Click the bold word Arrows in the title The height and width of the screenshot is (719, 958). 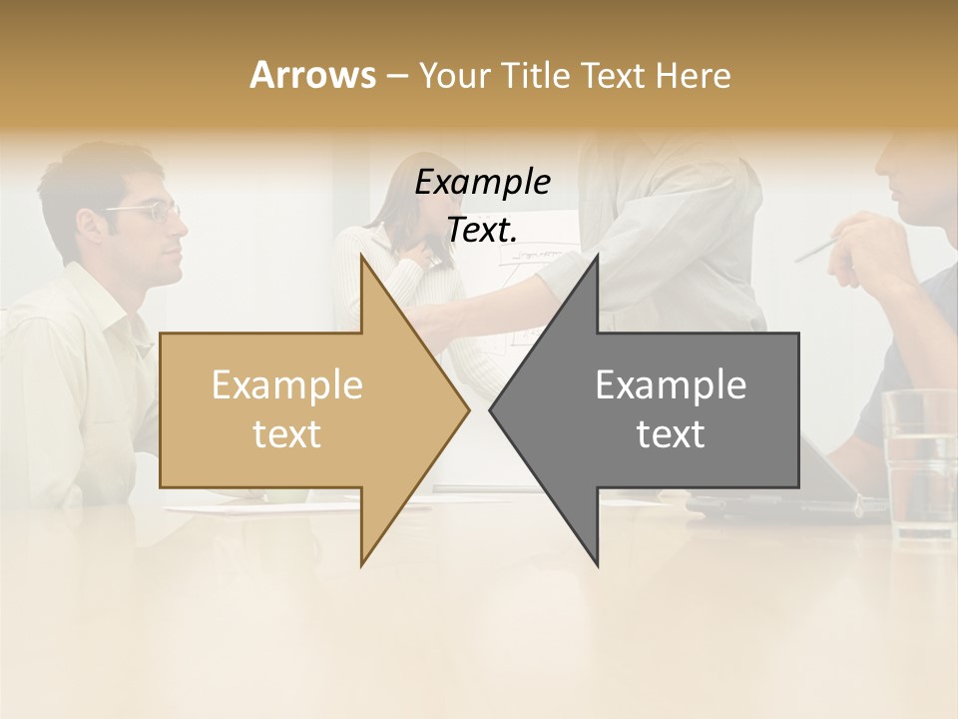(x=312, y=75)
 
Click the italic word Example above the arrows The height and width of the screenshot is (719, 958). (x=482, y=183)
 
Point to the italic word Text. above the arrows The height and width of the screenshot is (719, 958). (x=482, y=230)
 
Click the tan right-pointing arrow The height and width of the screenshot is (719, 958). (x=299, y=409)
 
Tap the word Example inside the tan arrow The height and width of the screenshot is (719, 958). (x=287, y=385)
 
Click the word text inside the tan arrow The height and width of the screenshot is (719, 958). (x=287, y=434)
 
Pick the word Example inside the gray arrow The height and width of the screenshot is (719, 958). (x=671, y=385)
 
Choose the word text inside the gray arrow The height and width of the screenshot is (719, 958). (x=671, y=434)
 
